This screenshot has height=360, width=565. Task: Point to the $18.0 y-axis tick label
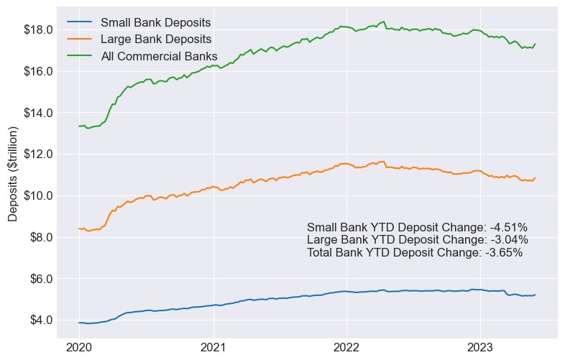pyautogui.click(x=38, y=29)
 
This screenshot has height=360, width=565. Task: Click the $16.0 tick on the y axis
pyautogui.click(x=38, y=71)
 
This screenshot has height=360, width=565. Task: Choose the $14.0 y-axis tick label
pyautogui.click(x=38, y=113)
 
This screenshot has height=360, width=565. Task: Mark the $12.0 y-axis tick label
pyautogui.click(x=38, y=154)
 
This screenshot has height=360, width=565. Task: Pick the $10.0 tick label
pyautogui.click(x=38, y=195)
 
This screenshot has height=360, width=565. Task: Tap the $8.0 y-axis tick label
pyautogui.click(x=41, y=237)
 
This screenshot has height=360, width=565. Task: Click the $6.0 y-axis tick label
pyautogui.click(x=41, y=278)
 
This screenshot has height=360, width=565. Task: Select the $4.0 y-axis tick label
pyautogui.click(x=41, y=320)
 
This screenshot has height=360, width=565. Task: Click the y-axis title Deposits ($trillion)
pyautogui.click(x=13, y=175)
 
